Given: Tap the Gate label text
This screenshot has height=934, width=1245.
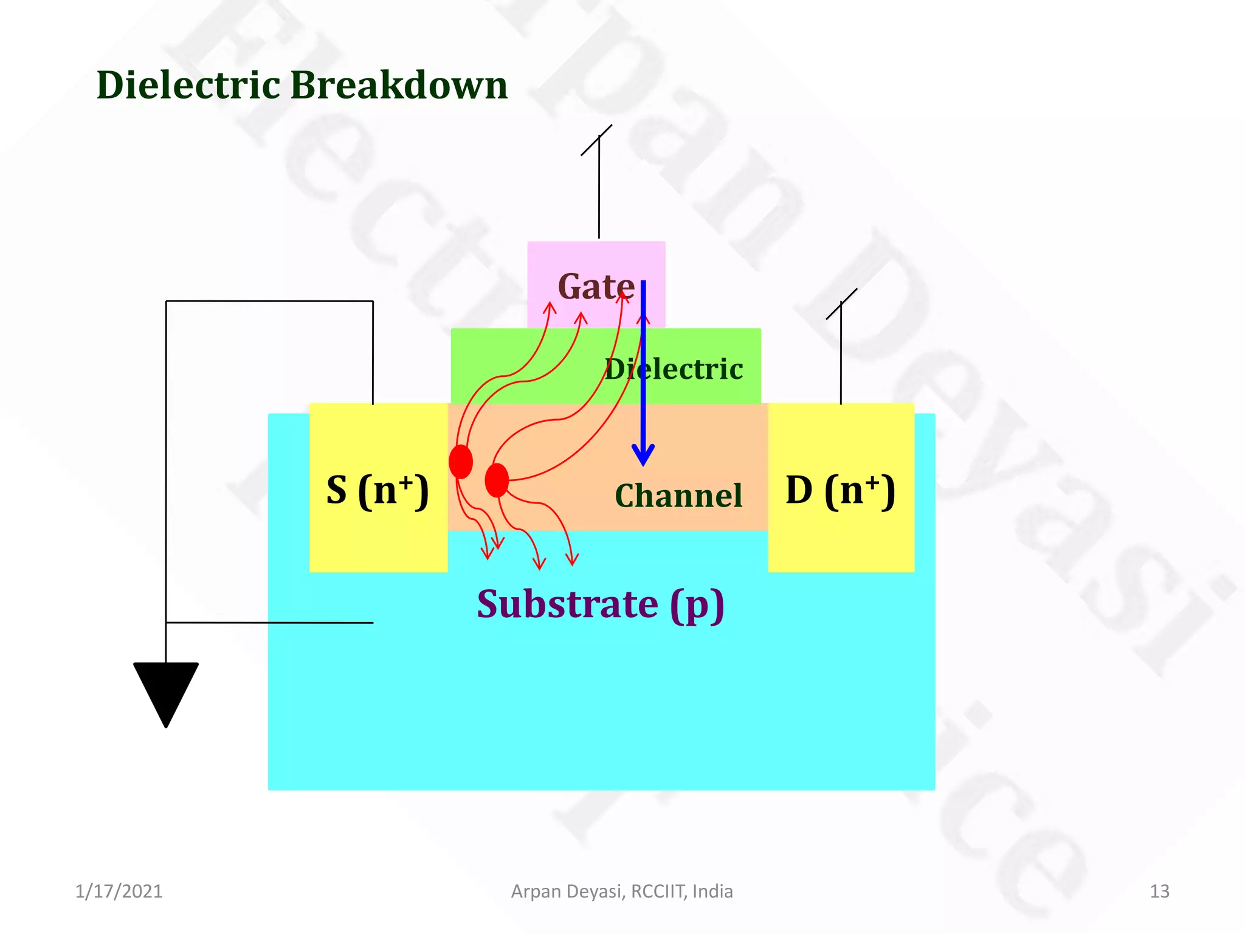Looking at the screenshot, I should point(596,286).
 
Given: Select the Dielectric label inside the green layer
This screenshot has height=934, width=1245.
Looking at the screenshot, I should point(674,369).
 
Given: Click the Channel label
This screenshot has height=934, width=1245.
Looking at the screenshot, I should point(678,495).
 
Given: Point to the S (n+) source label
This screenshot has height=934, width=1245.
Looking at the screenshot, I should point(378,490).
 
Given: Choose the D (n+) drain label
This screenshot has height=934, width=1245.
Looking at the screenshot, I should point(840,490).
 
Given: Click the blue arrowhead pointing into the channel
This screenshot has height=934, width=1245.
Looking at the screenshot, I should point(643,455).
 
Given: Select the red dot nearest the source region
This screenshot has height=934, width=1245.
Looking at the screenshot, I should point(461,462).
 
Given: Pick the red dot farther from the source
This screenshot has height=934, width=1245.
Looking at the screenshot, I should point(497,480).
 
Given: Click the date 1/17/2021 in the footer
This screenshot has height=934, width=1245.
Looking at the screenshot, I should point(119,891).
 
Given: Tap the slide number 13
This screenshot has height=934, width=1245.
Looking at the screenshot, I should point(1159,891).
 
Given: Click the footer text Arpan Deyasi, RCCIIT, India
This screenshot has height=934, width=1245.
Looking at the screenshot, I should point(622,891).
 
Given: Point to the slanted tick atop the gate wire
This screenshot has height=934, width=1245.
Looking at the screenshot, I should point(596,140).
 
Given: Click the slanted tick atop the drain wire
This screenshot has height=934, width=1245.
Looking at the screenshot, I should point(841,303).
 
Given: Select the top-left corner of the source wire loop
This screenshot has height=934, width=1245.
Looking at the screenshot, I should point(167,301).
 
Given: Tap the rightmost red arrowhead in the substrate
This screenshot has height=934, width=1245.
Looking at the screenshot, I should point(572,559).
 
